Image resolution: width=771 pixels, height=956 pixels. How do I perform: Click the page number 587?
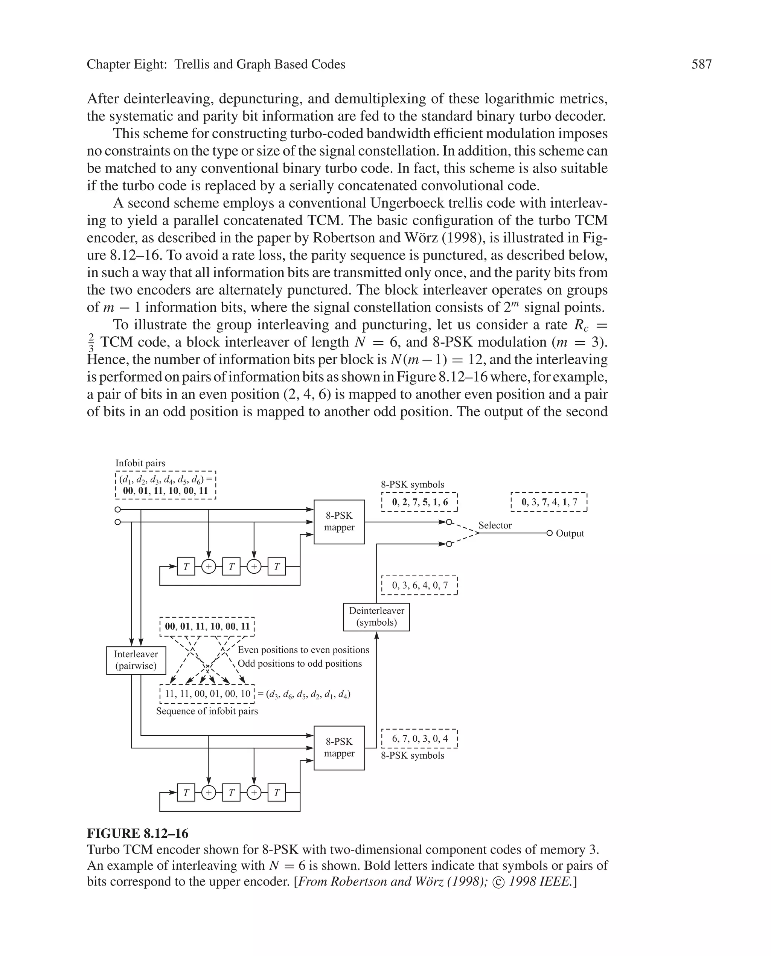pyautogui.click(x=701, y=64)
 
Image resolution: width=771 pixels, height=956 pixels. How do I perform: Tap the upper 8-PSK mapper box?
pyautogui.click(x=339, y=521)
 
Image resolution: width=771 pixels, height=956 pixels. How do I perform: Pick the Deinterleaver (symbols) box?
pyautogui.click(x=376, y=617)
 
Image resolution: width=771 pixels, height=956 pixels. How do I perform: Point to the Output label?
pyautogui.click(x=570, y=533)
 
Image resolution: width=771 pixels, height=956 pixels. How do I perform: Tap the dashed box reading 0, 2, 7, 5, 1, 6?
pyautogui.click(x=419, y=502)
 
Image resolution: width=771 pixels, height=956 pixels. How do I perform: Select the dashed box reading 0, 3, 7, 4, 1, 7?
pyautogui.click(x=549, y=502)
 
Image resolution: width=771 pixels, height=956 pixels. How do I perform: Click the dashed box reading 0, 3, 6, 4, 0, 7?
pyautogui.click(x=419, y=585)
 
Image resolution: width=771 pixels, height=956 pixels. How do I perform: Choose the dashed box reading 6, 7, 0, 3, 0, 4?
pyautogui.click(x=419, y=738)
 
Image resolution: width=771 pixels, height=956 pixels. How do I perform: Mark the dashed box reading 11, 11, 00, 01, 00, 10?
pyautogui.click(x=207, y=693)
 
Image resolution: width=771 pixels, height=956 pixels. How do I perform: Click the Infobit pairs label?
pyautogui.click(x=140, y=463)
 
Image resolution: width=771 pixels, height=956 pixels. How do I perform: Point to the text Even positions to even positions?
pyautogui.click(x=303, y=650)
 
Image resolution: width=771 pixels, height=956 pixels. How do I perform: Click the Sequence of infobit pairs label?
pyautogui.click(x=207, y=711)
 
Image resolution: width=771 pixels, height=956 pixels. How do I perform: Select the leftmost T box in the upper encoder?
pyautogui.click(x=186, y=567)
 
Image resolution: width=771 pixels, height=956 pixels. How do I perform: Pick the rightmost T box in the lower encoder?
pyautogui.click(x=277, y=792)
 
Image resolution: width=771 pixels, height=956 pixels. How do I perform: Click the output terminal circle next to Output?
pyautogui.click(x=549, y=533)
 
